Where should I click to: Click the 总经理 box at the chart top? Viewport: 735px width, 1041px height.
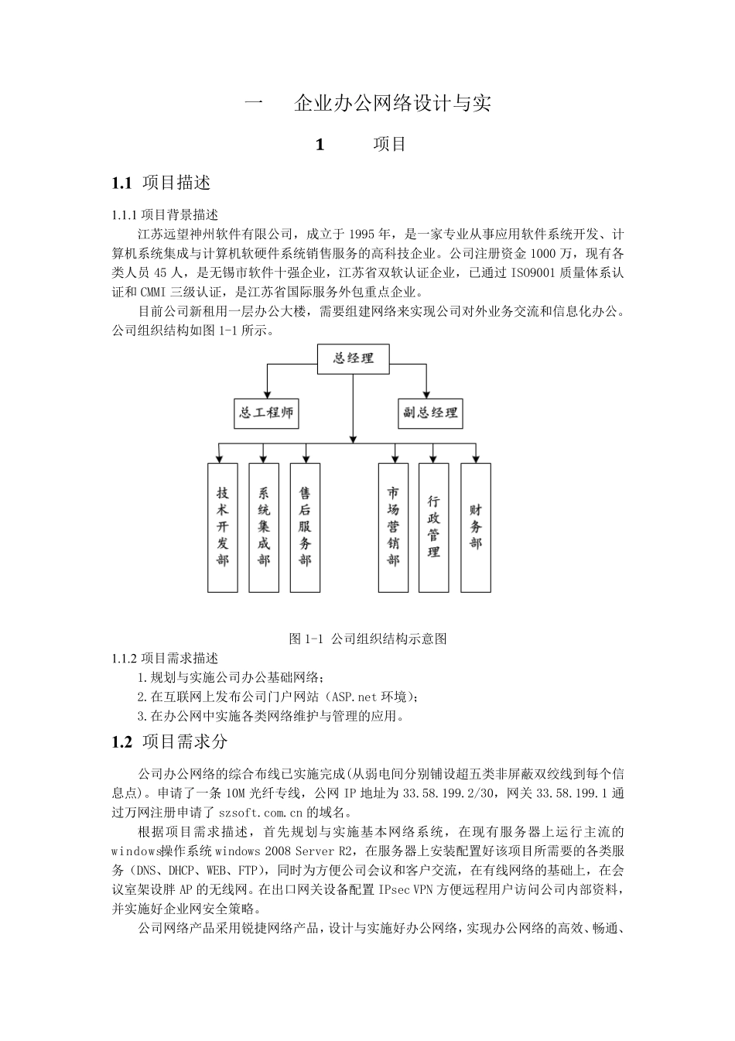(x=354, y=358)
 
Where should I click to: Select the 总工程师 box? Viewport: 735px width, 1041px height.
(x=266, y=413)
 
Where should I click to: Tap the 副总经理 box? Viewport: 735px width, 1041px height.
(x=429, y=413)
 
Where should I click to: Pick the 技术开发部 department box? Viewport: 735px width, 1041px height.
(x=223, y=526)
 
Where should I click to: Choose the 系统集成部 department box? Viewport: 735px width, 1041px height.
(x=264, y=526)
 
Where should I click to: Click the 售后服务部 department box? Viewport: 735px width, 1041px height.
(x=305, y=526)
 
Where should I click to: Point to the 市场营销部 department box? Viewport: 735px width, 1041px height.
(x=393, y=526)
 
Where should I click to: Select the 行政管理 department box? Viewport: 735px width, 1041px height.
(x=434, y=526)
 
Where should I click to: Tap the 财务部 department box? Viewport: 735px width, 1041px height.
(x=475, y=526)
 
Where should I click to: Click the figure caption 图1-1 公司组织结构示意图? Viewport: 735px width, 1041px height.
(x=367, y=639)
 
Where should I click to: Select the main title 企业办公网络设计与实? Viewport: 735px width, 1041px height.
(x=392, y=103)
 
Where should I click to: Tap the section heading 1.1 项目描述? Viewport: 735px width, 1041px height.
(x=161, y=183)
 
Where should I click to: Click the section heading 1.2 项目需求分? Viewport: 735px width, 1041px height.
(x=169, y=741)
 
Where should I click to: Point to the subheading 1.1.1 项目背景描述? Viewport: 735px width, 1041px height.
(x=165, y=214)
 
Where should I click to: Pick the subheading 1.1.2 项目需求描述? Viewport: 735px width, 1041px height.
(x=165, y=658)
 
